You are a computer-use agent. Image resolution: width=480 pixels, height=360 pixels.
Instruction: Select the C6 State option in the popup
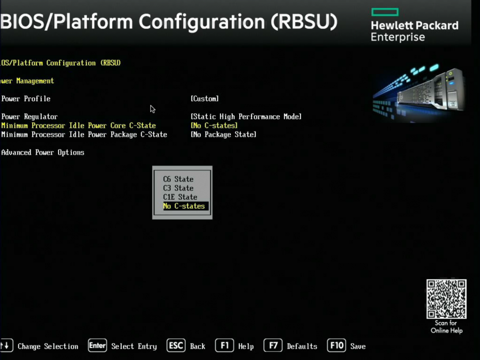(x=178, y=179)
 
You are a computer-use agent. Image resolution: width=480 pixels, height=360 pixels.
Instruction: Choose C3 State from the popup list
(x=178, y=188)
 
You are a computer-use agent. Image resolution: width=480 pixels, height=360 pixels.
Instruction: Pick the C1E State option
(x=180, y=197)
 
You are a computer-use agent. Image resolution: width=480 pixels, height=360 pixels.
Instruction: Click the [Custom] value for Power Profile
(x=205, y=98)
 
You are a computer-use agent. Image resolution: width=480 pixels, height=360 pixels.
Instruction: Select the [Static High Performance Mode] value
(x=246, y=117)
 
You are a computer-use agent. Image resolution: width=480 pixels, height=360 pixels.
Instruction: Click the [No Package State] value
(x=224, y=134)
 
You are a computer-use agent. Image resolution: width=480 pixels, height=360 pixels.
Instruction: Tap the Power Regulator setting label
(x=29, y=117)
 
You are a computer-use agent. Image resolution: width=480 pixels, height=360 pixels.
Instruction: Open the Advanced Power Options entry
(x=43, y=153)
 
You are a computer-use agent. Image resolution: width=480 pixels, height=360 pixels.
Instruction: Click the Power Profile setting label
(x=26, y=98)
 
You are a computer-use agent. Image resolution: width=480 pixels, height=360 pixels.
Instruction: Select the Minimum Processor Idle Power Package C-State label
(x=84, y=135)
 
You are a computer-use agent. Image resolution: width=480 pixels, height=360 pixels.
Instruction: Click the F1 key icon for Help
(x=224, y=346)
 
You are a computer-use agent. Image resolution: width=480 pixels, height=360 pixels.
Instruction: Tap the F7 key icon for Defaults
(x=273, y=346)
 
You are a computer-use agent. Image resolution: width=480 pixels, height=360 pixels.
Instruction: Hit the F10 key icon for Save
(x=336, y=346)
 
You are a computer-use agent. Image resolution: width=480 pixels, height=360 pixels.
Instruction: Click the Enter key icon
(x=97, y=346)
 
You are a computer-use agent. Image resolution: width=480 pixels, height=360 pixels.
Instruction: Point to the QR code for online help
(x=446, y=299)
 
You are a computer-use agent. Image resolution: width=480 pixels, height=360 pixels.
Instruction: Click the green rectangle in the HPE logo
(x=385, y=12)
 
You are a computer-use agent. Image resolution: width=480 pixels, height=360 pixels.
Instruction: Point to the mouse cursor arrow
(x=153, y=109)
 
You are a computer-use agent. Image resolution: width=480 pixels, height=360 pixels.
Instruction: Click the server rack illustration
(x=420, y=91)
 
